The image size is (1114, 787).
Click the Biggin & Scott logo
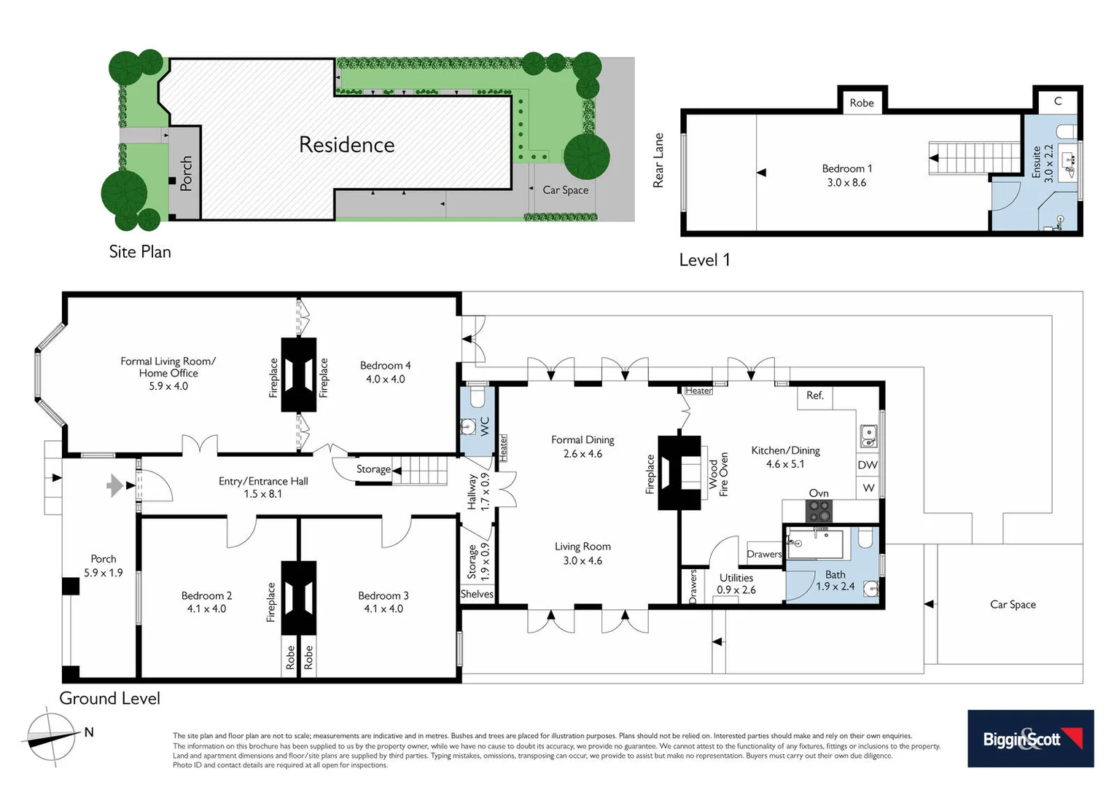click(1030, 738)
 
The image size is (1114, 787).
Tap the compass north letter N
click(89, 732)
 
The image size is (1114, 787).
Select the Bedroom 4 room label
click(385, 365)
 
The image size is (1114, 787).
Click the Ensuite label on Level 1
click(1036, 162)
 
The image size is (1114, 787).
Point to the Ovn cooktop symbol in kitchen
click(819, 510)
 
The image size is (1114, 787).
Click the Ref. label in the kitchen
click(814, 395)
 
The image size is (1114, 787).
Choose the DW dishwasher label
click(868, 465)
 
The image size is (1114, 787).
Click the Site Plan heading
click(140, 252)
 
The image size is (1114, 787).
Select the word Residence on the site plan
click(346, 145)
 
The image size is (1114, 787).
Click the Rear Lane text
click(658, 160)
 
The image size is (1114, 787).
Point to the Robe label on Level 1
click(861, 103)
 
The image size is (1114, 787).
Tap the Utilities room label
click(736, 578)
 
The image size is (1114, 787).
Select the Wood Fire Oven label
click(718, 474)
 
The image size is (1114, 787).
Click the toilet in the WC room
click(478, 398)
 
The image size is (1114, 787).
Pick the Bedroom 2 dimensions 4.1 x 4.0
click(206, 608)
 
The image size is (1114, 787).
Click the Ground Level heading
click(109, 698)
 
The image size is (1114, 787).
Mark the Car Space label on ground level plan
click(1012, 604)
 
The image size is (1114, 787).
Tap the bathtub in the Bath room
click(815, 544)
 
